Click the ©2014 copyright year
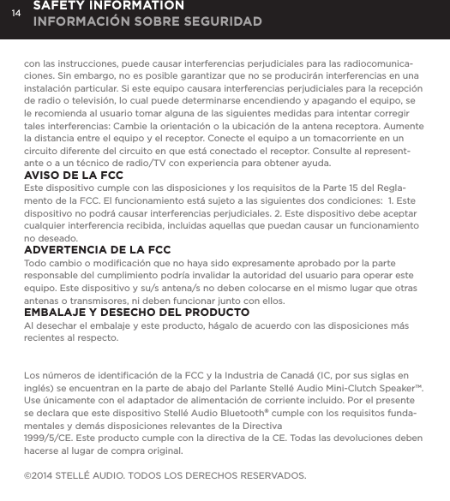[42, 475]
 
